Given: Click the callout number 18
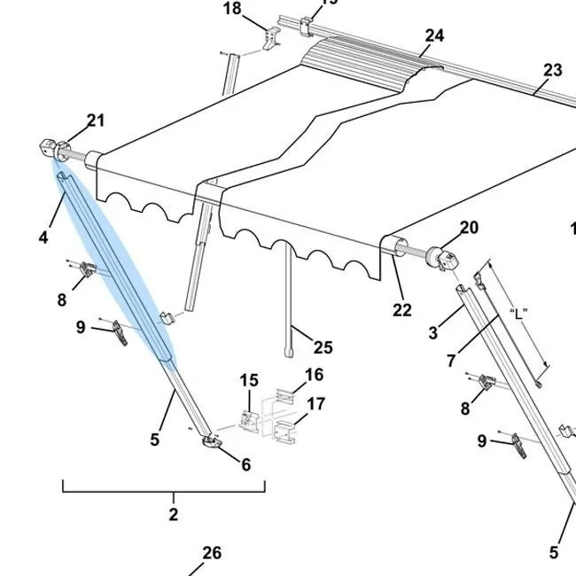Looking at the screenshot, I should tap(232, 9).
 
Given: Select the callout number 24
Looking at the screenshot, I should tap(434, 35).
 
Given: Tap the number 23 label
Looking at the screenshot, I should tap(553, 70).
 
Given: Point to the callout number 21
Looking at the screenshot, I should tap(96, 121).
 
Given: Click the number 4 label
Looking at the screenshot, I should tap(43, 237).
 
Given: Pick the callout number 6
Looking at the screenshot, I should tap(245, 464).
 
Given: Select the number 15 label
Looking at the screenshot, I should tap(248, 380).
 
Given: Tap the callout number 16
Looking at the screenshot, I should tap(315, 375).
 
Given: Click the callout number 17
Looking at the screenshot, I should tap(315, 405).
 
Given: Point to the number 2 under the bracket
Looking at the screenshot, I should tap(173, 514).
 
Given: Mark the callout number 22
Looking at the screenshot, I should tap(402, 310).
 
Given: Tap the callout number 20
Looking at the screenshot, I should tap(469, 228).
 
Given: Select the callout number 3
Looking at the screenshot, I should tap(432, 333).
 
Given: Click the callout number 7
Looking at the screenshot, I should tap(451, 361).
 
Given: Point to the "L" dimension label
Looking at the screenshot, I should tap(518, 313).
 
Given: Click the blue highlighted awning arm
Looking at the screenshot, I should tap(115, 266).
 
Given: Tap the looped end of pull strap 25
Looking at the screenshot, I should tap(287, 353).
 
